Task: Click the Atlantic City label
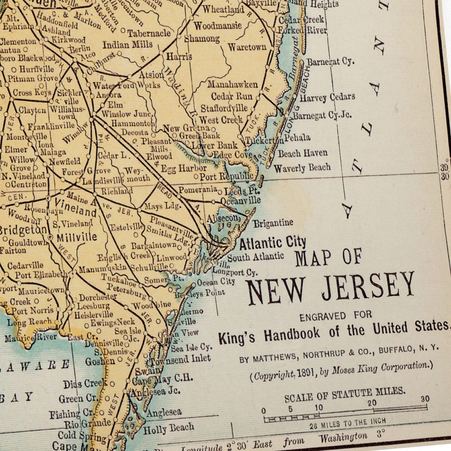272,243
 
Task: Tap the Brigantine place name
273,223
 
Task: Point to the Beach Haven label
302,153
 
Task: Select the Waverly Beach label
302,168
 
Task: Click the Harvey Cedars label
327,97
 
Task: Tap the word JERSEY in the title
368,286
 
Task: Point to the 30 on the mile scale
425,399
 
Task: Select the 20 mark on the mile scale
372,403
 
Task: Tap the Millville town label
77,237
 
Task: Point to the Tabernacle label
149,33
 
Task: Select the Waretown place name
247,47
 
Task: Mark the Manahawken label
232,84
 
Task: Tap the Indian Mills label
127,45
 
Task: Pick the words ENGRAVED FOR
336,316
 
